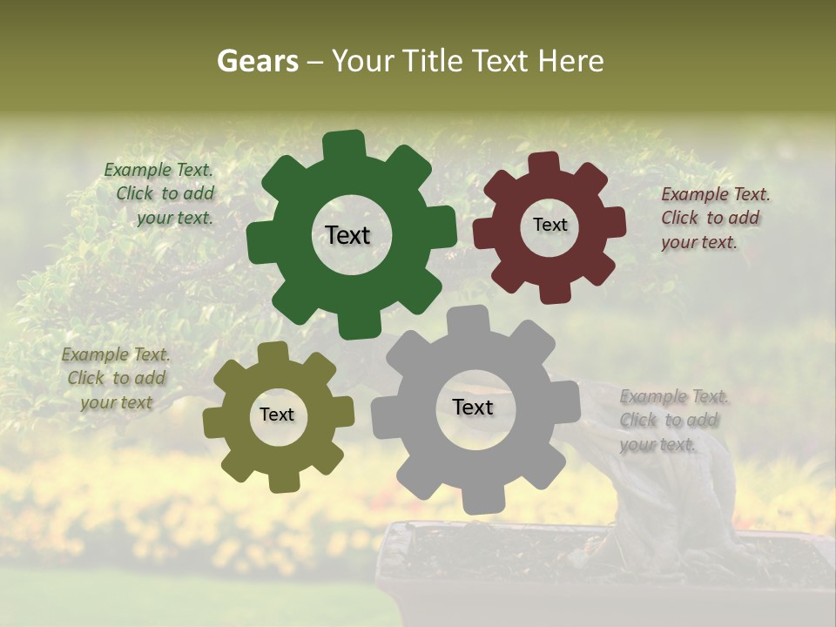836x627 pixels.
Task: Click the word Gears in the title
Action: pos(257,61)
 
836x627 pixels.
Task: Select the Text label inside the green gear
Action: pos(347,235)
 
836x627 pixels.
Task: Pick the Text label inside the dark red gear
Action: pos(549,226)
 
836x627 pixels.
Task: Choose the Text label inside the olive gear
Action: pos(277,415)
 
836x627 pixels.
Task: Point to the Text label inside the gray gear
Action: pos(473,408)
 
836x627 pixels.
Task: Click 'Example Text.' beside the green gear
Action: pos(158,171)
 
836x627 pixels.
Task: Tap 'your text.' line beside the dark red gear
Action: pos(698,243)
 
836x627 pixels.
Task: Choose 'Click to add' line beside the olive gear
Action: pos(117,379)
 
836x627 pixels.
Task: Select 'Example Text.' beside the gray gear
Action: pos(674,397)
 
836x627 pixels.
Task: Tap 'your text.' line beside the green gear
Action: pos(174,219)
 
